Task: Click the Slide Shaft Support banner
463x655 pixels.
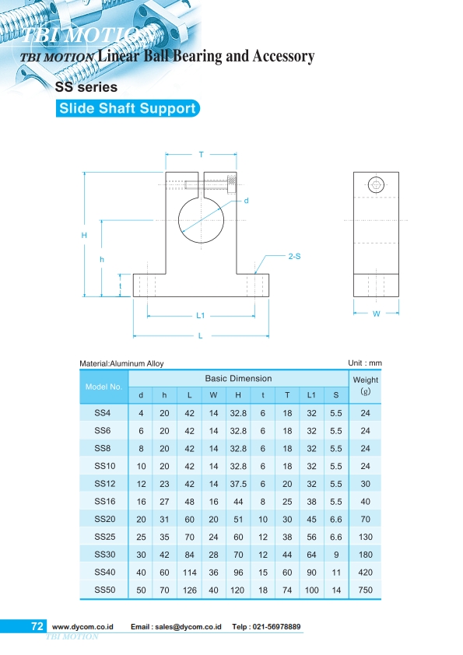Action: pyautogui.click(x=128, y=108)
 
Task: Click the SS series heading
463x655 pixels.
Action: pyautogui.click(x=86, y=87)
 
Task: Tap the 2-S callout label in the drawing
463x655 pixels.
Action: pyautogui.click(x=294, y=255)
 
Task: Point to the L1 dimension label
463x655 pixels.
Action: pyautogui.click(x=200, y=316)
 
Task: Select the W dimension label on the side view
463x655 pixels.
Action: pyautogui.click(x=376, y=314)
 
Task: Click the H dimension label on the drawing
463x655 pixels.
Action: pyautogui.click(x=83, y=234)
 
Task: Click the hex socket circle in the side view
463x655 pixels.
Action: pyautogui.click(x=377, y=185)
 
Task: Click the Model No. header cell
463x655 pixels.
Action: pyautogui.click(x=103, y=387)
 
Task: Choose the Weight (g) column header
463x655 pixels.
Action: pyautogui.click(x=366, y=386)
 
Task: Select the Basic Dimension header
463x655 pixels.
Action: pyautogui.click(x=238, y=378)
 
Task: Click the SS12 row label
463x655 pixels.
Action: pyautogui.click(x=103, y=483)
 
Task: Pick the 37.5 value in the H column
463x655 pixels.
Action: pyautogui.click(x=238, y=483)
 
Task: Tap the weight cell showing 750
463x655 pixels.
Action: pyautogui.click(x=366, y=590)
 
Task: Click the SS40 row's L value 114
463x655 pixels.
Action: pyautogui.click(x=189, y=573)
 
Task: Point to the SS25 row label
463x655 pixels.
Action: pyautogui.click(x=103, y=537)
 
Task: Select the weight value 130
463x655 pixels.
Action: pyautogui.click(x=366, y=537)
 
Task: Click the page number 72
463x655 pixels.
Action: pyautogui.click(x=37, y=626)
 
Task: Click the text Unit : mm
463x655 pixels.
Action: pyautogui.click(x=365, y=363)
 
